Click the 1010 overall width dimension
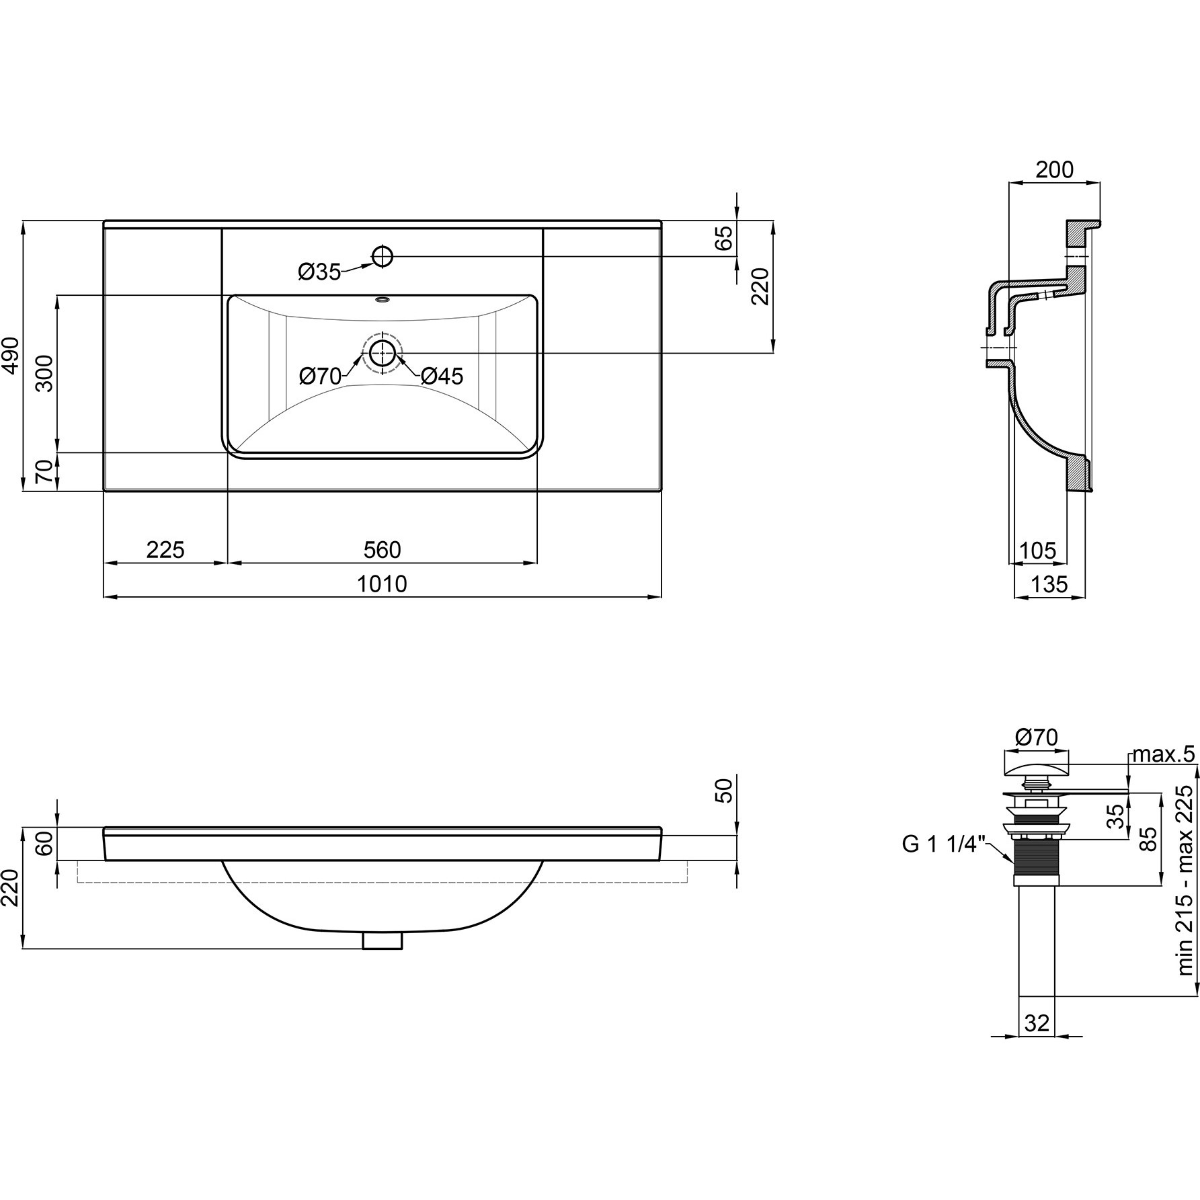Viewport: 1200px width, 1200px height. coord(382,584)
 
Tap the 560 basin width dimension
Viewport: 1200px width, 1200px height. coord(382,550)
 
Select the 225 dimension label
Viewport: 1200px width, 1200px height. coord(165,550)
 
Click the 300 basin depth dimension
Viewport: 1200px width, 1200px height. coord(44,374)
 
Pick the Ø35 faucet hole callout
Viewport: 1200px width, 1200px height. coord(320,272)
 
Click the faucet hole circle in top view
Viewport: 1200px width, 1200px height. coord(383,255)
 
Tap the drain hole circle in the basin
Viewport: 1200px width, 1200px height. coord(383,352)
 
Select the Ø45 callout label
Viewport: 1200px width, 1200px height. coord(442,376)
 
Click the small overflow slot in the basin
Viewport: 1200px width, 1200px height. coord(383,300)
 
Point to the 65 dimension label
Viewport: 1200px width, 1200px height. coord(723,239)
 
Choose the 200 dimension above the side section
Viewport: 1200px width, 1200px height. coord(1054,170)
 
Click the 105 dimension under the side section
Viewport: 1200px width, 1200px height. coord(1038,551)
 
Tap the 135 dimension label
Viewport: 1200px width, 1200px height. coord(1049,584)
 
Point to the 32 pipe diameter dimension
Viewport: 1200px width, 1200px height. coord(1037,1023)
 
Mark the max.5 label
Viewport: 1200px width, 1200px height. coord(1164,754)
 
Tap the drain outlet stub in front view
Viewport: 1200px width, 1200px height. coord(383,940)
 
